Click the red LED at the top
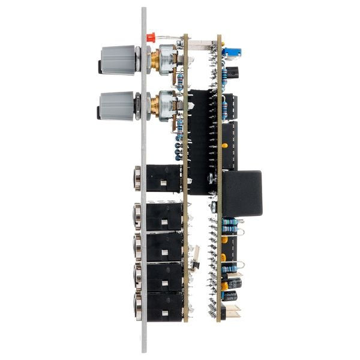pyautogui.click(x=151, y=37)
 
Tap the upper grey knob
pyautogui.click(x=119, y=59)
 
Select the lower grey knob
pyautogui.click(x=119, y=106)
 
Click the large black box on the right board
pyautogui.click(x=242, y=193)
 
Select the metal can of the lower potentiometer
pyautogui.click(x=169, y=106)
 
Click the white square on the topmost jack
pyautogui.click(x=164, y=186)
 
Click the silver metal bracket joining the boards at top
pyautogui.click(x=201, y=44)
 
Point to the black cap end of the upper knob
pyautogui.click(x=99, y=64)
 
